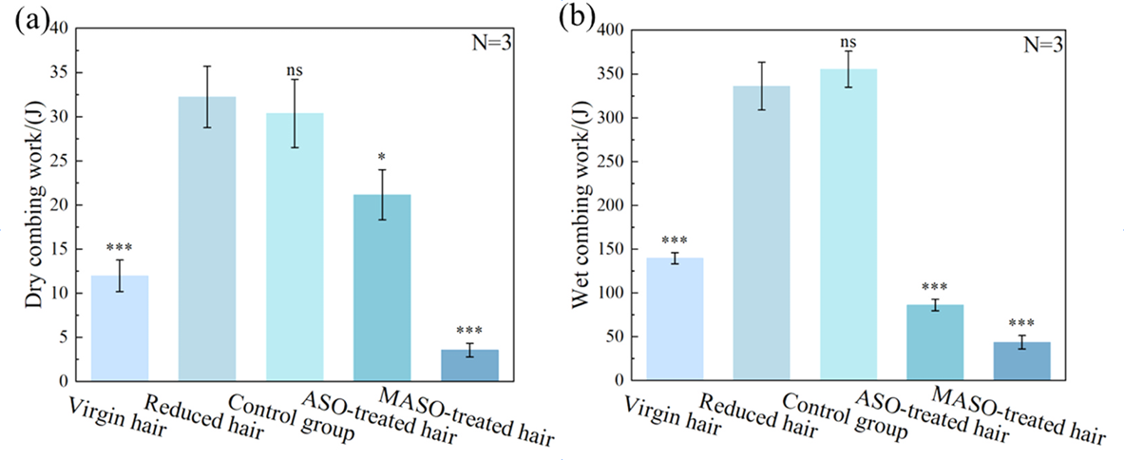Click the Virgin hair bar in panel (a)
click(x=120, y=328)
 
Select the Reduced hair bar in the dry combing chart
click(x=207, y=238)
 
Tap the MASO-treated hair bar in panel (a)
click(x=382, y=365)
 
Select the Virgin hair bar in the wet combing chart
click(x=674, y=318)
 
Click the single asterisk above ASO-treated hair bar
click(x=382, y=154)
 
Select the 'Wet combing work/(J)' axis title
click(x=579, y=204)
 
